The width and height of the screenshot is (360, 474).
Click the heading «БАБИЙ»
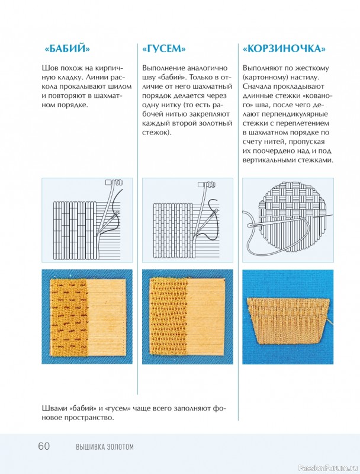(x=67, y=49)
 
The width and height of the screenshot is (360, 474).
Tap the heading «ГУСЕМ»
(x=163, y=49)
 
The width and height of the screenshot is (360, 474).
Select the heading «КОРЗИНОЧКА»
(x=284, y=49)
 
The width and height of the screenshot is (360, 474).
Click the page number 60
(x=44, y=446)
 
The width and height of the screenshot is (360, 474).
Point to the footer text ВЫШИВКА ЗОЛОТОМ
(x=105, y=447)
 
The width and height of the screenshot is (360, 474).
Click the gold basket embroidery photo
(x=288, y=321)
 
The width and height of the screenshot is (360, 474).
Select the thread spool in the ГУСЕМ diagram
(x=208, y=185)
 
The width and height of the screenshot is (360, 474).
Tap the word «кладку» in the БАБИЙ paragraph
(x=66, y=78)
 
